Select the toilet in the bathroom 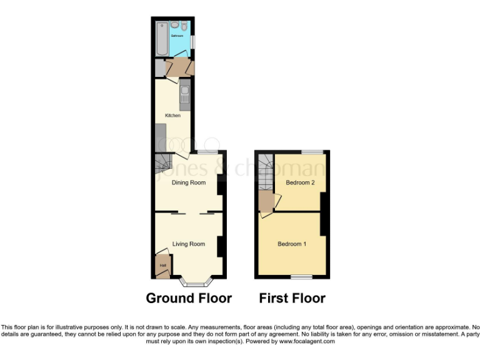185,26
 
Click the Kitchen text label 172,116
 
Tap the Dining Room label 189,182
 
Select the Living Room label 189,244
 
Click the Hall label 162,266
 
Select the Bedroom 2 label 300,182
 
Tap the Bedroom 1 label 292,244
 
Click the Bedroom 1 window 301,277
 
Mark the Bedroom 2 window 312,152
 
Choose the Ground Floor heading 189,298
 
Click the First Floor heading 292,298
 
